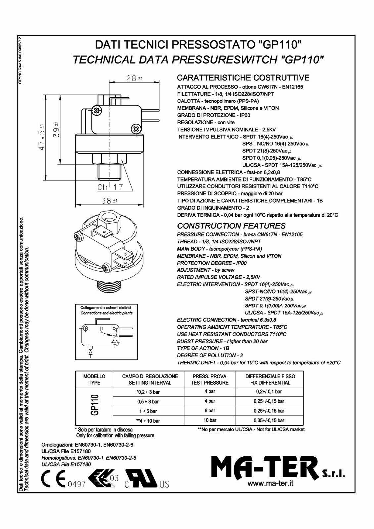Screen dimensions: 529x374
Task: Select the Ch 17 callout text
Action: [x=110, y=187]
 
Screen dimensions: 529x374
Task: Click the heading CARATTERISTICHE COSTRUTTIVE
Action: [x=243, y=78]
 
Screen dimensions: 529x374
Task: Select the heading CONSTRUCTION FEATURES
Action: [x=231, y=226]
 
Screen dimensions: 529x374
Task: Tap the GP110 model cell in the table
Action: [x=94, y=405]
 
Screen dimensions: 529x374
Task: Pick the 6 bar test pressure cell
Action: [x=209, y=411]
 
